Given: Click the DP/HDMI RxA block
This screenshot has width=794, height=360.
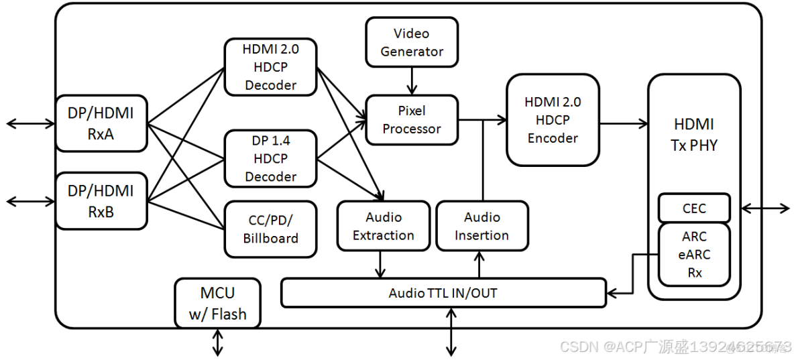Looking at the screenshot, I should [101, 123].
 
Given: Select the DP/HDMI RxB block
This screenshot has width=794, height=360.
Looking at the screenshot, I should [101, 200].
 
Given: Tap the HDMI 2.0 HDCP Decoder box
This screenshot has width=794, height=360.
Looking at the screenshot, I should [270, 66].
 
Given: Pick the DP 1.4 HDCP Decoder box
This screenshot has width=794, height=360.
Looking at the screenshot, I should [270, 158].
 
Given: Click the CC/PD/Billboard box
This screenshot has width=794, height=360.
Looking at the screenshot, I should [270, 229].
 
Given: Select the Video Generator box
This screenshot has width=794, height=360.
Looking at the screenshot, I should [412, 42].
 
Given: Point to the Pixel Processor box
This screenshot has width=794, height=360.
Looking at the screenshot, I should [412, 119].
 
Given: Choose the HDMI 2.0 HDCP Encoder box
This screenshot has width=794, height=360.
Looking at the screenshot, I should [553, 120].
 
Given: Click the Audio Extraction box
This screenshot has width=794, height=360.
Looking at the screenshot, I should [383, 226].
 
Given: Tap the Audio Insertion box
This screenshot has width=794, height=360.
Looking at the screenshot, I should [481, 226].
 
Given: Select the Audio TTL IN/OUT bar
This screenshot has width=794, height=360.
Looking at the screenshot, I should [443, 293].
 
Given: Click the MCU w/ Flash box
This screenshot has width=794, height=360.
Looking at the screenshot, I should [217, 303].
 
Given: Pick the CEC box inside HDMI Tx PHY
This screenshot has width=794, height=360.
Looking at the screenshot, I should [693, 208].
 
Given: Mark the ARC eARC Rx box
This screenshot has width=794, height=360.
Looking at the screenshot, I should [693, 254].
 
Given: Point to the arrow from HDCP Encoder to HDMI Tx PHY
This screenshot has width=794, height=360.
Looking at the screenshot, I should [623, 123].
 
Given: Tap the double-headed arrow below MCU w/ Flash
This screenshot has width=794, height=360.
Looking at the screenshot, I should [217, 342].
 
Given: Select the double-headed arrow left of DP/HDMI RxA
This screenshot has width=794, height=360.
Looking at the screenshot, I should [31, 123].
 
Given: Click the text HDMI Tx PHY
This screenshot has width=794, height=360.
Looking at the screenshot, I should [693, 134].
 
